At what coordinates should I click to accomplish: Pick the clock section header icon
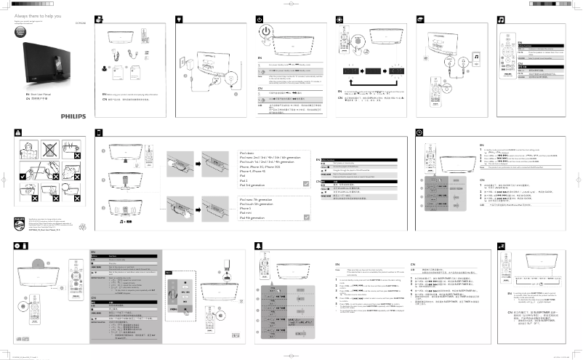pyautogui.click(x=420, y=132)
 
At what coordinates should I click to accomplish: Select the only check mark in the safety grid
pyautogui.click(x=24, y=175)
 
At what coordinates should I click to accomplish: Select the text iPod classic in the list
pyautogui.click(x=249, y=153)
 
